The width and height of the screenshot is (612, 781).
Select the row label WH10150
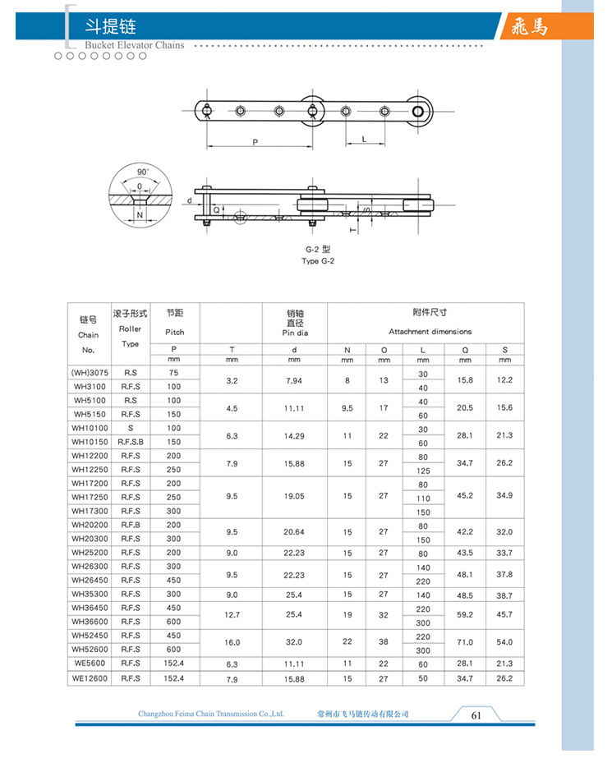tap(89, 442)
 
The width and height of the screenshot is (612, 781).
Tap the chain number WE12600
tap(89, 678)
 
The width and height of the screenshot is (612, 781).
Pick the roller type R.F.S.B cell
tap(131, 442)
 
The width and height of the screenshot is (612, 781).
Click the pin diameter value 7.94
tap(294, 380)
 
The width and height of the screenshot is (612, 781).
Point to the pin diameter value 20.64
tap(294, 532)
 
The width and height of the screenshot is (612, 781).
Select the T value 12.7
tap(232, 615)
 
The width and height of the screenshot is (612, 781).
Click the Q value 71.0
tap(465, 643)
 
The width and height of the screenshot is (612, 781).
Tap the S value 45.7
tap(504, 615)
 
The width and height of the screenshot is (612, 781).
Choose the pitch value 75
tap(173, 373)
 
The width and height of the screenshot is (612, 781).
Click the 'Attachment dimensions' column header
tap(430, 332)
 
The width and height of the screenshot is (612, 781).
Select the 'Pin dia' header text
tap(293, 334)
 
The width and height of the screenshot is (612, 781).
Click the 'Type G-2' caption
tap(318, 261)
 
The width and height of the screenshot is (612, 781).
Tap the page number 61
tap(475, 715)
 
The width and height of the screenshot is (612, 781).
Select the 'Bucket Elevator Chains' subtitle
tap(135, 45)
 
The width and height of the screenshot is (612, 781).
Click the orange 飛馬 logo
tap(528, 26)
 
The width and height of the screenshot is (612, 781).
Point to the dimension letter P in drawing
tap(255, 142)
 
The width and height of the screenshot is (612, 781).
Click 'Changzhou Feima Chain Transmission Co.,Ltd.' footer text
tap(211, 714)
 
